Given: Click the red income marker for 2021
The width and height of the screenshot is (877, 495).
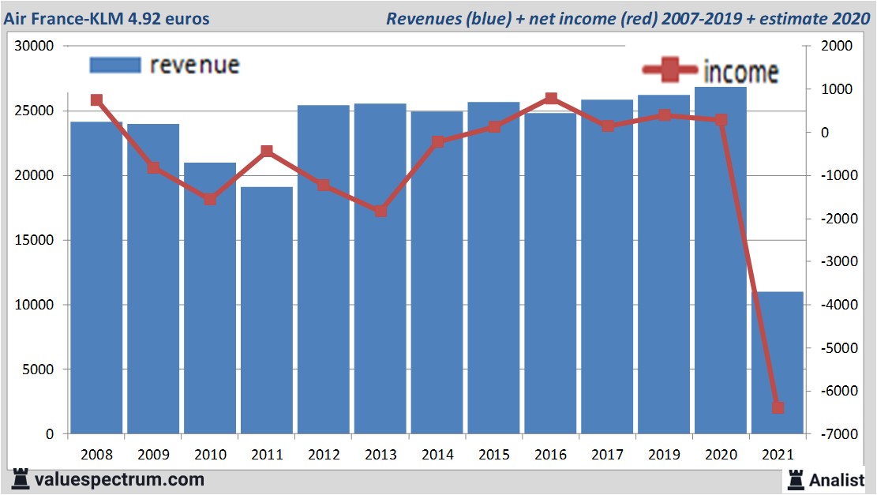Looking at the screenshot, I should coord(778,407).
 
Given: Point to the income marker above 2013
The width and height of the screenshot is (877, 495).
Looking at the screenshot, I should coord(380,212).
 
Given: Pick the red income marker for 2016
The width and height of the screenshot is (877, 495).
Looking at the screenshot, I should coord(551,99).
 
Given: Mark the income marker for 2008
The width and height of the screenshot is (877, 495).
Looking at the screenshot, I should coord(96,100).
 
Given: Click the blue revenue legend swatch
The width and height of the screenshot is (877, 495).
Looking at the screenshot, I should coord(114,65).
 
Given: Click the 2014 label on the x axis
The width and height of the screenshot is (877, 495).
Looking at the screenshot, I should coord(437,455).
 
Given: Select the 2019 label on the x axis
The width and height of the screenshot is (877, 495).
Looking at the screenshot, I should coord(664,455).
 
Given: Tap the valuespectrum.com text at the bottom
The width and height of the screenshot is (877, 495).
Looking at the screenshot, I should coord(119,479).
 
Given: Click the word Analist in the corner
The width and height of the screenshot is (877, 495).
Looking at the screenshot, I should coord(836,479).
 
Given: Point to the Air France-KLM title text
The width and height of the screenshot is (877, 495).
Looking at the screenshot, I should coord(107,17).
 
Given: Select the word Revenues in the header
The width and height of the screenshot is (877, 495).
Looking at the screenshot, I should coord(420,17).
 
